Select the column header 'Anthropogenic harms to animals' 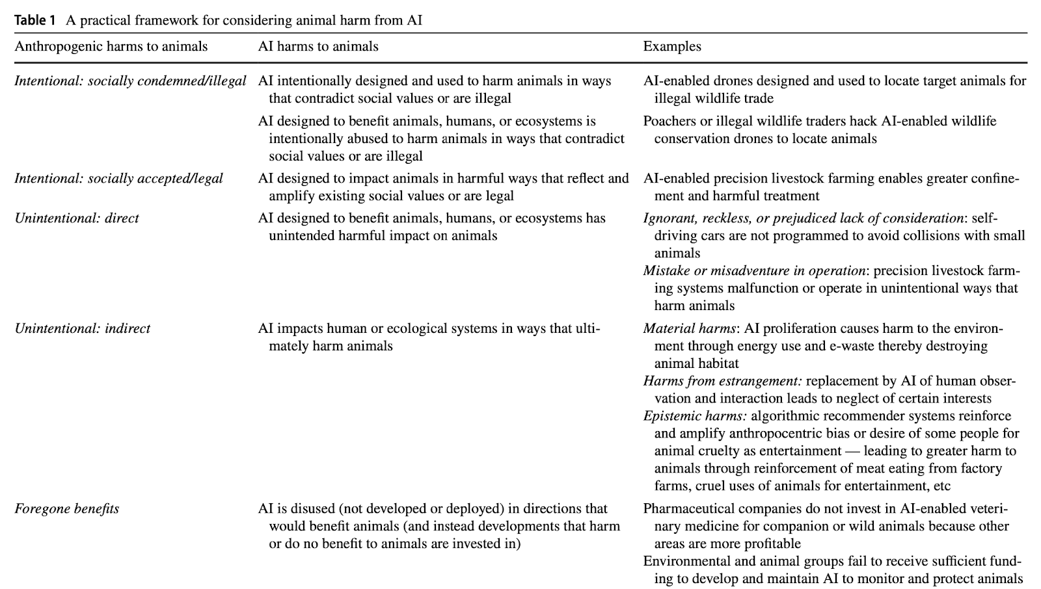point(111,46)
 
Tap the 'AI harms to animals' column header point(318,46)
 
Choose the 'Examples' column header point(672,46)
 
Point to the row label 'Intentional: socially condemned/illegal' point(130,81)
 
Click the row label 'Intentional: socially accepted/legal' point(118,178)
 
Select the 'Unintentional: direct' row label point(77,218)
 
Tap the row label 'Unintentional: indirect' point(82,328)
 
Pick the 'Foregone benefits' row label point(66,508)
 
